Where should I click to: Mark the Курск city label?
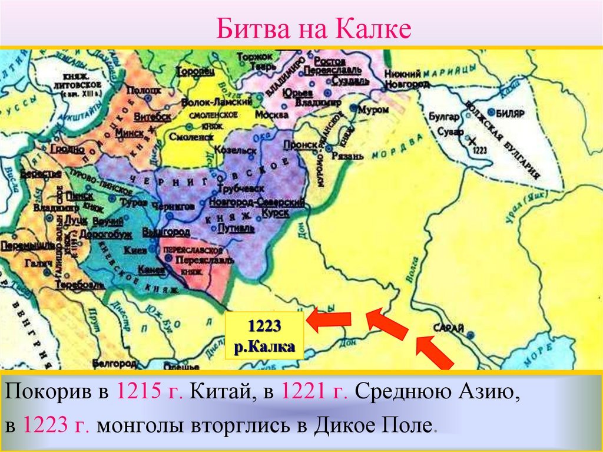point(276,212)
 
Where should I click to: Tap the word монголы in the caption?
point(138,425)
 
